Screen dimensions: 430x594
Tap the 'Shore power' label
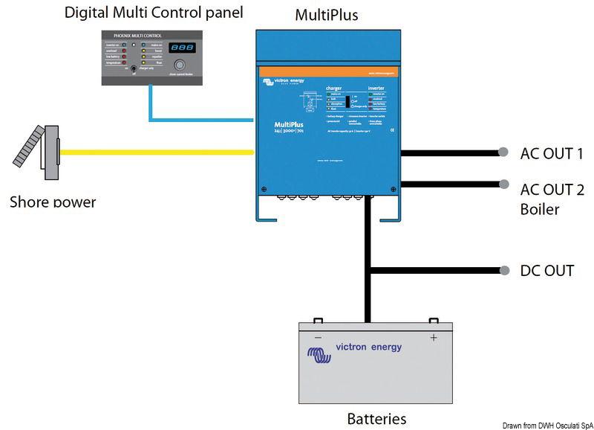(53, 202)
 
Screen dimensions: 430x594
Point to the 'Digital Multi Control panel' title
(154, 13)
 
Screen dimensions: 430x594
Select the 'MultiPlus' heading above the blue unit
(327, 15)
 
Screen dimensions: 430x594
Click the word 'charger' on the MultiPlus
(334, 89)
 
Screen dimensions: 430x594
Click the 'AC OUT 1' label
(552, 154)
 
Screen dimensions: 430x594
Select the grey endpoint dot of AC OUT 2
(504, 183)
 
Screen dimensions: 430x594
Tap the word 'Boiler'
(540, 209)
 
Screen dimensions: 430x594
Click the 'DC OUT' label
(547, 271)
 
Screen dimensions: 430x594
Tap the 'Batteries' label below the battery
(376, 418)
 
